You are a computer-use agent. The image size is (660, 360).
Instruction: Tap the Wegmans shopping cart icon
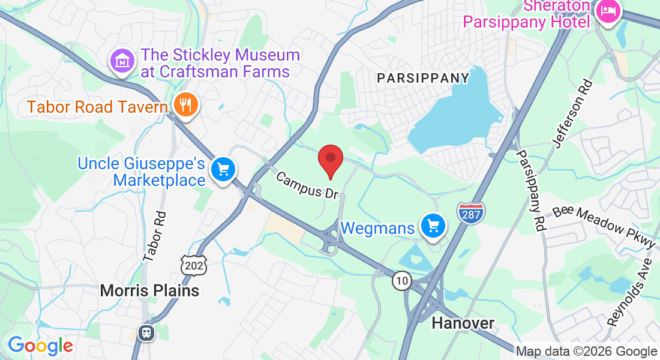(433, 226)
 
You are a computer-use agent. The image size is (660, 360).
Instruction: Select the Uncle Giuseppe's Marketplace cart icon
(224, 170)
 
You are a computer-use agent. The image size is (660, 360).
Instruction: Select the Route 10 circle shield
(402, 280)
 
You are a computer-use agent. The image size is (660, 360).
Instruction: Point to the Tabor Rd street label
(154, 236)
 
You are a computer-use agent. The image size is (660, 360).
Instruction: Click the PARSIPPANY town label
(423, 78)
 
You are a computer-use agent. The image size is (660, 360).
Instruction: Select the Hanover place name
(463, 323)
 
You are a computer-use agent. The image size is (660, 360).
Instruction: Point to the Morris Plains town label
(149, 291)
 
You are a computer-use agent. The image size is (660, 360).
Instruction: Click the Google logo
(40, 346)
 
